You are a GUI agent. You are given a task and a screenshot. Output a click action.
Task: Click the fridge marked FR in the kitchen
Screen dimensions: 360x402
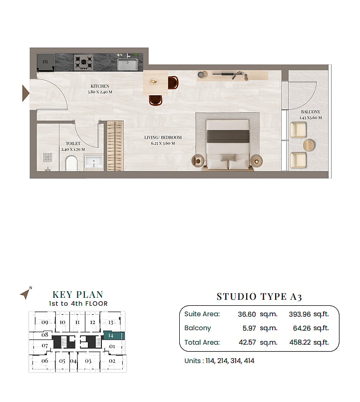coord(45,62)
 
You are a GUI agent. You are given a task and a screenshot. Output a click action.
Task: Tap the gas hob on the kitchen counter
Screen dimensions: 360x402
coord(83,62)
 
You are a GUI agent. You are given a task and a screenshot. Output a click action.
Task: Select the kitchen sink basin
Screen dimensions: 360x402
coord(127,64)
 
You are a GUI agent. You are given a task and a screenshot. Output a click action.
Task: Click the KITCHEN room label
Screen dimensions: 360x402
coord(100,86)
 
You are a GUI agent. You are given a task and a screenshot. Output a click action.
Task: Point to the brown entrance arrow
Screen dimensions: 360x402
coord(25,93)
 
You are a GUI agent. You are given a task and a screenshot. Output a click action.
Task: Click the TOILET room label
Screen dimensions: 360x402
coord(73,144)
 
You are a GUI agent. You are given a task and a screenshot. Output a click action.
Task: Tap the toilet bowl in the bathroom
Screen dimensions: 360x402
coord(71,163)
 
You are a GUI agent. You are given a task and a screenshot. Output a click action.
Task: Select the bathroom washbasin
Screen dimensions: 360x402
coord(93,162)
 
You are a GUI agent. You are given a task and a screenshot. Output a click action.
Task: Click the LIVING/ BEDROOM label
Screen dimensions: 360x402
coord(163,138)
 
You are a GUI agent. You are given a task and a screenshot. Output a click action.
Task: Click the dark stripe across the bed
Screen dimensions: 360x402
coord(228,136)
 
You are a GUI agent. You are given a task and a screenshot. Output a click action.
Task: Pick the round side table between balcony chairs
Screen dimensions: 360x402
coord(309,145)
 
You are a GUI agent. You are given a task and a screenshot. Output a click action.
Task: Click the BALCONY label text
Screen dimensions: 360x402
coord(311,112)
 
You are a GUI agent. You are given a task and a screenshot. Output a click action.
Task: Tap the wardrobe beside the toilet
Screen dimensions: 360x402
coord(115,146)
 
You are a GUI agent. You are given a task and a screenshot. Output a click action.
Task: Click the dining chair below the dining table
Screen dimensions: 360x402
coord(155,100)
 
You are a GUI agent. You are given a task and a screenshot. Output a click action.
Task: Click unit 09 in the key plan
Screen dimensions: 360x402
coord(44,322)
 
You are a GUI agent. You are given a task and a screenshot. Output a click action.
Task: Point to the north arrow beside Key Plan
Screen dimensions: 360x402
coord(25,293)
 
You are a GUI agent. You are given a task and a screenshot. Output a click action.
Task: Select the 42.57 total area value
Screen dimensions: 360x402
coord(247,342)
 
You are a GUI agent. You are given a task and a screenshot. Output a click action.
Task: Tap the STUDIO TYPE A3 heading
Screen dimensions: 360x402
coord(259,297)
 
